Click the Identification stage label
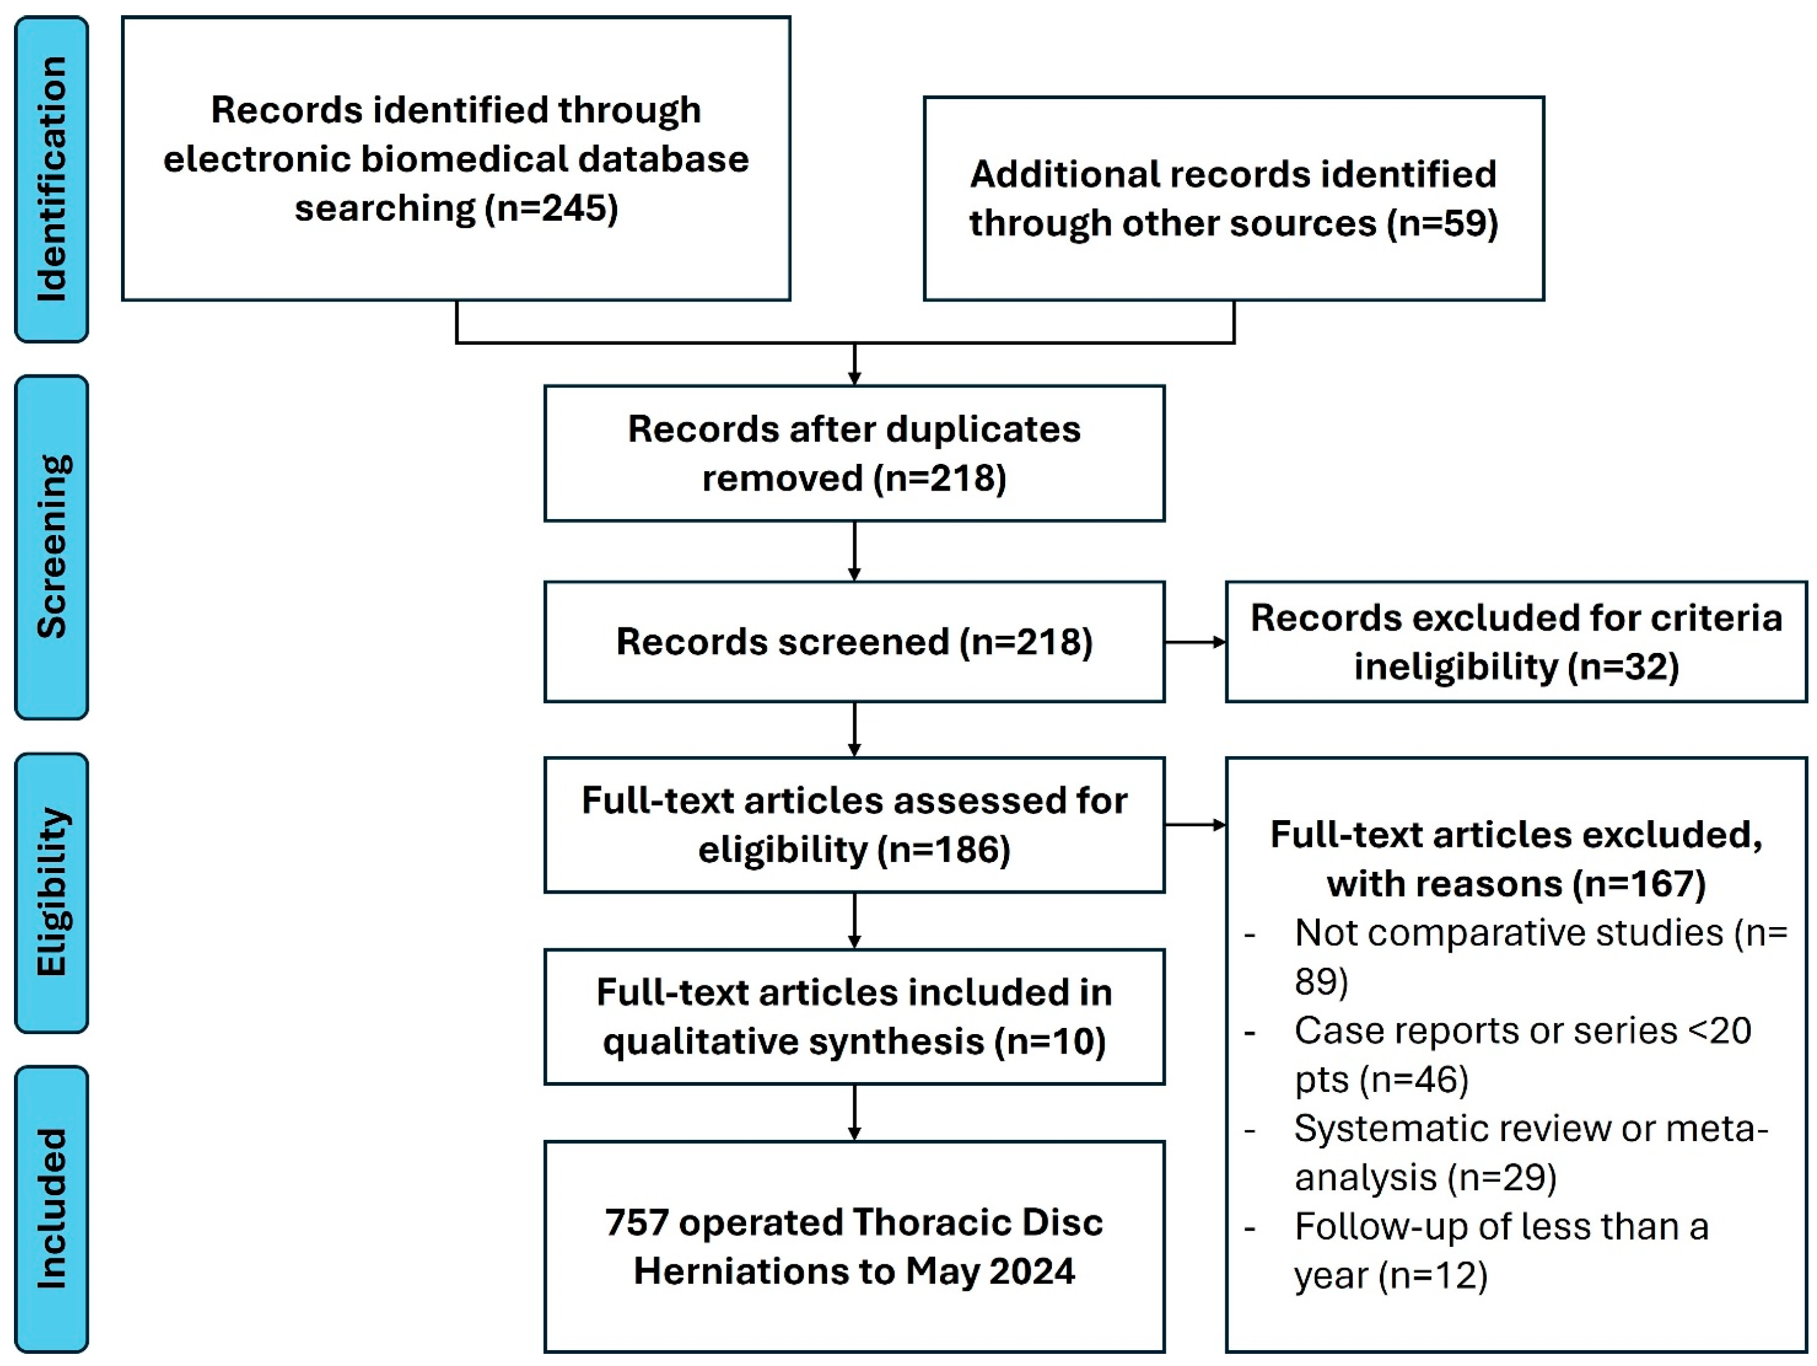[x=52, y=179]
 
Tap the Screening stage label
[x=52, y=547]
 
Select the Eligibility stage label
[x=52, y=893]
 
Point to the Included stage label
[x=52, y=1209]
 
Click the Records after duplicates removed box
[x=854, y=454]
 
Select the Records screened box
[x=854, y=641]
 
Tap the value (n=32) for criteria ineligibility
[x=1623, y=667]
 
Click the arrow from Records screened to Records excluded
[x=1195, y=641]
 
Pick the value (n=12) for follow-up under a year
[x=1433, y=1275]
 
